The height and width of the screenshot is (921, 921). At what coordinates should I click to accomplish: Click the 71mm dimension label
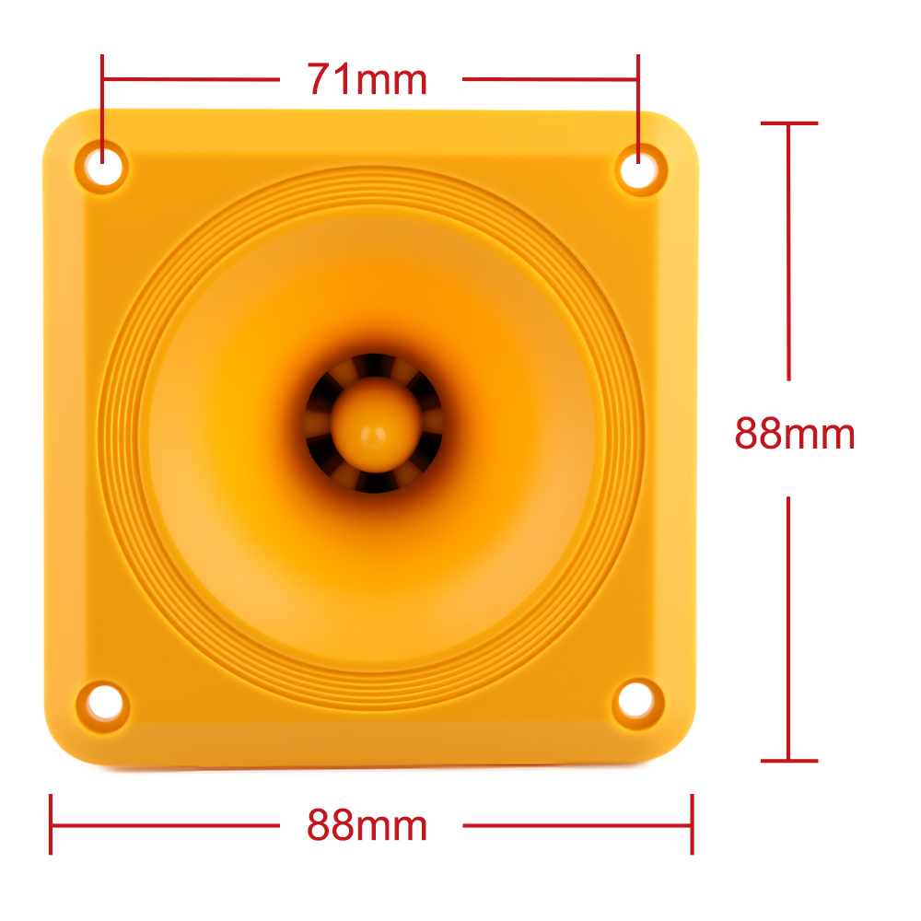point(367,79)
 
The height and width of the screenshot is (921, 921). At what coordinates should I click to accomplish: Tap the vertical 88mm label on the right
point(795,434)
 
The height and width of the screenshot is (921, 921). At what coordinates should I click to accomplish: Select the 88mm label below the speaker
point(367,825)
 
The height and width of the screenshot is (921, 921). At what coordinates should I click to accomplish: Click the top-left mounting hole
point(103,167)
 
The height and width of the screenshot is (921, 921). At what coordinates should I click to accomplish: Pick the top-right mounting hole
point(640,169)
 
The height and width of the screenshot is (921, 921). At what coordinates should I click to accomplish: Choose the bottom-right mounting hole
point(638,703)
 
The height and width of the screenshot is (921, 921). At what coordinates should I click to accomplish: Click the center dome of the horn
point(376,425)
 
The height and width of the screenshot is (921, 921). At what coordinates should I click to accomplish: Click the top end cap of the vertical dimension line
point(789,123)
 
